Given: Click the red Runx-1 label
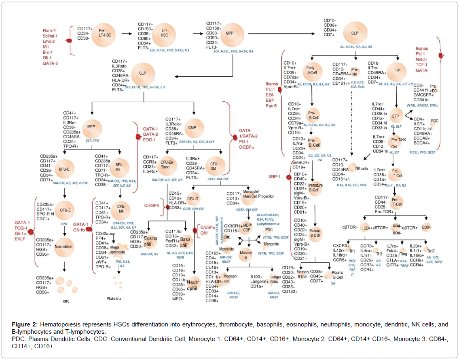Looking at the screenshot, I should coord(51,30).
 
